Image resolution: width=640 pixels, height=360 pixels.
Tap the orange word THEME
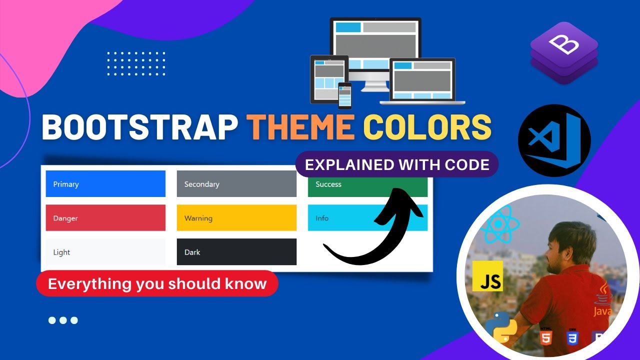point(300,127)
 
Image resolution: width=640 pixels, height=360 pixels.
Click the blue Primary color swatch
point(105,184)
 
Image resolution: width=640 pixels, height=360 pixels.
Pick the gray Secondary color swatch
point(236,184)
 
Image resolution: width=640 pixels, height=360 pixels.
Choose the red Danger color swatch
point(105,218)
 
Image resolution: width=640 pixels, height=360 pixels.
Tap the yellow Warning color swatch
point(236,218)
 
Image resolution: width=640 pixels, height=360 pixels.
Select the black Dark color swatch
point(236,252)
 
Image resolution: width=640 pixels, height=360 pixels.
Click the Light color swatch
point(105,252)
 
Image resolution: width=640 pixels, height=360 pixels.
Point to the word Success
point(328,184)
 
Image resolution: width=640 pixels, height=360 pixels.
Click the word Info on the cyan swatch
point(322,218)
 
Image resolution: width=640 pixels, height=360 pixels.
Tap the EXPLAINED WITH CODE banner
point(397,164)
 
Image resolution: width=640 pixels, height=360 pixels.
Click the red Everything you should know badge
point(157,283)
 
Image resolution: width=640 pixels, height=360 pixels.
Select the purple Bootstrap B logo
point(564,52)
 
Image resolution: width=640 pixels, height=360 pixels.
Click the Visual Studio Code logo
point(554,140)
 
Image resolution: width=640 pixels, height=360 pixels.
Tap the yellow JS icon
point(487,275)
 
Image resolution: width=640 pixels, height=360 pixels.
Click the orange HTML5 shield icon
point(546,337)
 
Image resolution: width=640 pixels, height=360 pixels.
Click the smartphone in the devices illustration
point(345,95)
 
